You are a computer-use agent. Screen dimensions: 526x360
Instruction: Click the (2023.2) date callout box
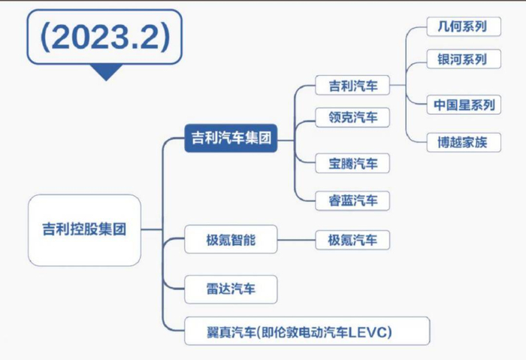[104, 37]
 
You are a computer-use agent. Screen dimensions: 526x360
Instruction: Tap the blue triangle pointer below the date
[106, 72]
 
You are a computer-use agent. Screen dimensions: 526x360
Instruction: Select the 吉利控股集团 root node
[84, 230]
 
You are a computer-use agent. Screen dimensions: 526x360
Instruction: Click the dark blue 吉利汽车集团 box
[231, 138]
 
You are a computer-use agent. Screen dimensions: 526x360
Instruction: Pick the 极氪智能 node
[231, 240]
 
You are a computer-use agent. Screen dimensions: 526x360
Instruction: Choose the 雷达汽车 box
[231, 289]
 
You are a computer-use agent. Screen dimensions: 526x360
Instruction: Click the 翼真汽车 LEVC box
[307, 331]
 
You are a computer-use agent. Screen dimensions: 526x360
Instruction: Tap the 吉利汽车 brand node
[352, 85]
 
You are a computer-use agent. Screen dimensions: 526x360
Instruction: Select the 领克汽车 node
[352, 117]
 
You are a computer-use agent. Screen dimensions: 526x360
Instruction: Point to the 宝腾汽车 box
[352, 163]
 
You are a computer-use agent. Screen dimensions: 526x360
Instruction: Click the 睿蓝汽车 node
[352, 201]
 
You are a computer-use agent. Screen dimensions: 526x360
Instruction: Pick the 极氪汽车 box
[352, 240]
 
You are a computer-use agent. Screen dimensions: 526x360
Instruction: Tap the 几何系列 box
[464, 26]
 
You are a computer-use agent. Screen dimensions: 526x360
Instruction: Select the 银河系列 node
[464, 59]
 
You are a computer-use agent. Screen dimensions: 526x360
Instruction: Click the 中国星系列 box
[464, 105]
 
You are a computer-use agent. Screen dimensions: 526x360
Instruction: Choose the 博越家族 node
[464, 142]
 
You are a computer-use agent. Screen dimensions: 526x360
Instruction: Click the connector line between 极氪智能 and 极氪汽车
[297, 240]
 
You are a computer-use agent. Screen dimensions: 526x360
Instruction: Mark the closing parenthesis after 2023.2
[165, 37]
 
